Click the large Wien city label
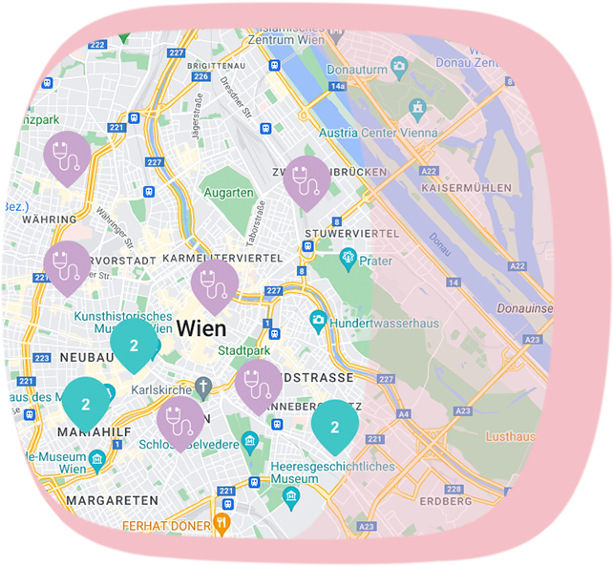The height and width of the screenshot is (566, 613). tap(201, 329)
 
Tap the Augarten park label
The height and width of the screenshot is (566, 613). tap(230, 193)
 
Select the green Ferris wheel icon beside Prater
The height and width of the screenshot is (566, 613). tap(348, 258)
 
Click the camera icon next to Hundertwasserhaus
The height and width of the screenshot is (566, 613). tap(318, 323)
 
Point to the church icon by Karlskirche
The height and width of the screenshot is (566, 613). tap(202, 388)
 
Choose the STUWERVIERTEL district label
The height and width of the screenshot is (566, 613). tap(350, 234)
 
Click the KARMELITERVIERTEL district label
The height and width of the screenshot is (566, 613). tap(222, 259)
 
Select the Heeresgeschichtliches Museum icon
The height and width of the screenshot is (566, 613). tap(291, 496)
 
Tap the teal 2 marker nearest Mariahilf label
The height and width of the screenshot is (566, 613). tap(86, 402)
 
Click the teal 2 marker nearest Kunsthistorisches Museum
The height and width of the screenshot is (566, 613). tap(134, 344)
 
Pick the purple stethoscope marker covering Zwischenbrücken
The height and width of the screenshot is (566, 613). tap(306, 179)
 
